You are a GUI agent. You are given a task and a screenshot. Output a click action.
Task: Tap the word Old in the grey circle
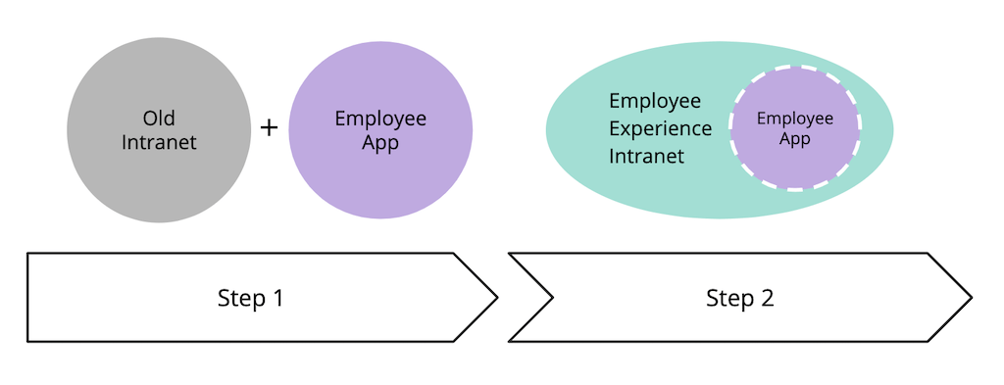click(158, 119)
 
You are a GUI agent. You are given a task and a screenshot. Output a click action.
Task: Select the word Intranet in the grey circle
click(159, 142)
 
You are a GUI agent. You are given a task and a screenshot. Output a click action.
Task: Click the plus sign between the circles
click(269, 127)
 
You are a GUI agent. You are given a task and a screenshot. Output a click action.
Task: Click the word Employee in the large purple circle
click(380, 119)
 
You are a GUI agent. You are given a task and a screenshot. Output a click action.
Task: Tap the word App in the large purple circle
click(380, 143)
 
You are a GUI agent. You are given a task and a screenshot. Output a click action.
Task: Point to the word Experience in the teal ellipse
click(660, 128)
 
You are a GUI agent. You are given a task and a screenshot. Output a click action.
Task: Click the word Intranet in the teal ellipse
click(646, 155)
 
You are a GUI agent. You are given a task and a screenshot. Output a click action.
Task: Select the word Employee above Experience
click(655, 101)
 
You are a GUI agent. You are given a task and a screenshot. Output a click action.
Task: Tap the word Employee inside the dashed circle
click(794, 119)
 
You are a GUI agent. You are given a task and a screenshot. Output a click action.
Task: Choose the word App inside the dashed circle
click(794, 138)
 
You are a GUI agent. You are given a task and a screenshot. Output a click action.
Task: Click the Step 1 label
click(250, 298)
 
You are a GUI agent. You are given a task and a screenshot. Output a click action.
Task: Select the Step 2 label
click(739, 298)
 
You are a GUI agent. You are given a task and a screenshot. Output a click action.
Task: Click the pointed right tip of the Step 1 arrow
click(496, 297)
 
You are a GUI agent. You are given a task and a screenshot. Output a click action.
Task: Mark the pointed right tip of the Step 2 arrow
click(970, 297)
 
